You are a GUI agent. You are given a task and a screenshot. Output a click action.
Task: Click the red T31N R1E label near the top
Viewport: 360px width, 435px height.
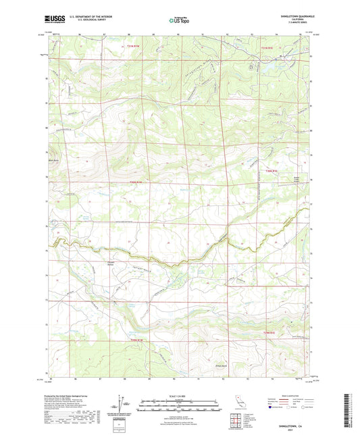click(269, 48)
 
